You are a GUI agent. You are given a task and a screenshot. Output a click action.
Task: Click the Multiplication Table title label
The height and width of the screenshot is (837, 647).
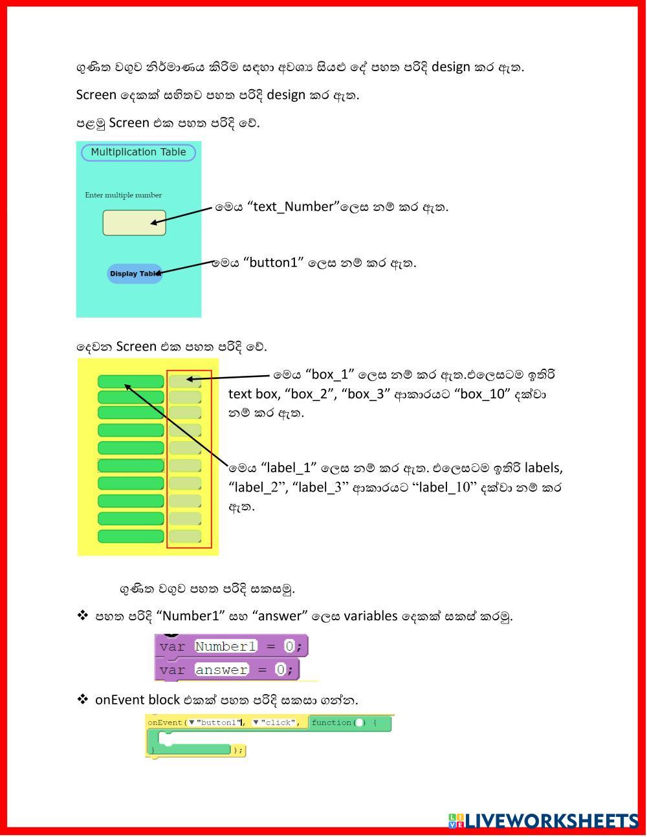pos(138,153)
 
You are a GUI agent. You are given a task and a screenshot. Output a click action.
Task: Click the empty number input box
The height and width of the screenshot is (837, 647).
pos(134,223)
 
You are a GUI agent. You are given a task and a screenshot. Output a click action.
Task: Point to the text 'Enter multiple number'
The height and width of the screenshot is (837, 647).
pos(123,195)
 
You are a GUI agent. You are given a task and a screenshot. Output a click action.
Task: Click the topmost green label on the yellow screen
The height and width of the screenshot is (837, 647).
pos(131,382)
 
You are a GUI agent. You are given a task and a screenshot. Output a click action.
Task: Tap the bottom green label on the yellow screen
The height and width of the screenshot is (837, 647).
pos(131,536)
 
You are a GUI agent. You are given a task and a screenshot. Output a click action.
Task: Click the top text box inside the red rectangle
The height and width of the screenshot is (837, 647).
pos(184,382)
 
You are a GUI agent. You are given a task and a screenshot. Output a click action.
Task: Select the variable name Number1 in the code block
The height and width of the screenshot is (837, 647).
pos(226,646)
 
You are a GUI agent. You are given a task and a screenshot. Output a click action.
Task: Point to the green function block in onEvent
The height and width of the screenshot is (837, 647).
pos(349,723)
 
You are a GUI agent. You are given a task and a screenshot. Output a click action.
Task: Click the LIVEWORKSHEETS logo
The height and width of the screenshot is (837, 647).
pos(543,820)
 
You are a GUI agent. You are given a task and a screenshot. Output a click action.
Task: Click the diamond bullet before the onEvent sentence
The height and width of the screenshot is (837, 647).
pos(82,699)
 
